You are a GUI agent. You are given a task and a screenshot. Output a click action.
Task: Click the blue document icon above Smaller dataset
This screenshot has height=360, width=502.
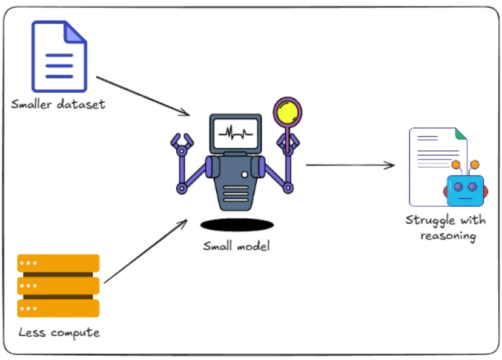click(59, 56)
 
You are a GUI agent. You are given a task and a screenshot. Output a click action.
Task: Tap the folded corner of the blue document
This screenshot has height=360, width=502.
click(76, 32)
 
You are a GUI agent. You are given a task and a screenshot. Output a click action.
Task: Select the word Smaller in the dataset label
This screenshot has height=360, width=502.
click(31, 104)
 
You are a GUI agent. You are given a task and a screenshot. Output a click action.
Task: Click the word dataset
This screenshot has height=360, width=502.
click(81, 104)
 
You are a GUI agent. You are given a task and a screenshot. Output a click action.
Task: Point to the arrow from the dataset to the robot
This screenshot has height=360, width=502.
click(143, 96)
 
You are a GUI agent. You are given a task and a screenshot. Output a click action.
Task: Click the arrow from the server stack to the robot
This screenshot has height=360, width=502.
click(146, 251)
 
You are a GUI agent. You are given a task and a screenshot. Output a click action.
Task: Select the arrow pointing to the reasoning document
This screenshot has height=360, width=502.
click(350, 165)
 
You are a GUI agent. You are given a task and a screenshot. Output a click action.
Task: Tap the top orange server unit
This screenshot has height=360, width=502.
click(58, 263)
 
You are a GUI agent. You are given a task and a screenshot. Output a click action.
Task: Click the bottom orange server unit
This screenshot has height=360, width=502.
click(58, 308)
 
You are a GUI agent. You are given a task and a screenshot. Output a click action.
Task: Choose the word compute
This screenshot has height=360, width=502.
click(75, 333)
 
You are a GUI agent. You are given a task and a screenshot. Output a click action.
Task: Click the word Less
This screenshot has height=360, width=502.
click(31, 332)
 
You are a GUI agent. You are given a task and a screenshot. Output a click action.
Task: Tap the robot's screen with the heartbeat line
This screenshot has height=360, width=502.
click(236, 133)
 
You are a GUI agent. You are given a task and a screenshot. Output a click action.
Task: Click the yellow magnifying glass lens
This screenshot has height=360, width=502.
click(288, 112)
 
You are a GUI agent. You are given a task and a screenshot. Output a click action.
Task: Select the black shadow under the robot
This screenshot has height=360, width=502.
click(237, 225)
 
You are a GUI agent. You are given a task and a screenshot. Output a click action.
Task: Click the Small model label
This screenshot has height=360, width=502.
click(237, 246)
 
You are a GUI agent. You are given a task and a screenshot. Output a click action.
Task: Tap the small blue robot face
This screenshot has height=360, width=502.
click(466, 190)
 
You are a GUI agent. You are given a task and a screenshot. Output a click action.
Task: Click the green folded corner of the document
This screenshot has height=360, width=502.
click(461, 135)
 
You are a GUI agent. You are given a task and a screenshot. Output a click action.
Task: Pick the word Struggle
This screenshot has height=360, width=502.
click(431, 221)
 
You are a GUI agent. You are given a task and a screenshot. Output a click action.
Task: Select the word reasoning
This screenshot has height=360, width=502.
click(448, 236)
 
